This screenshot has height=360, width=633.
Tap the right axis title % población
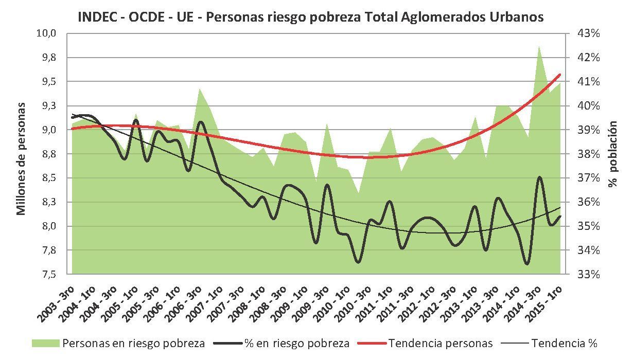612,154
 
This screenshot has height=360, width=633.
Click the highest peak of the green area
538,47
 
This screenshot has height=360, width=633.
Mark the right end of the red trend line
560,75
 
